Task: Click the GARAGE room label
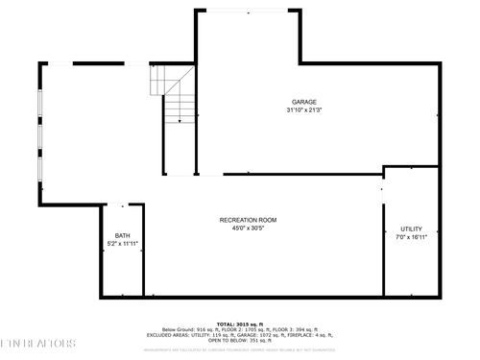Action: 304,102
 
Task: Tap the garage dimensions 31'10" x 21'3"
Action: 304,110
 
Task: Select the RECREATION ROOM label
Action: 249,220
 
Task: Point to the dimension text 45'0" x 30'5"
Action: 249,228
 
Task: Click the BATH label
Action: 123,235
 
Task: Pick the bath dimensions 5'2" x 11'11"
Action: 123,244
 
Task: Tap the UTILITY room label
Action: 411,228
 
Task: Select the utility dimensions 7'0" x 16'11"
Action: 411,237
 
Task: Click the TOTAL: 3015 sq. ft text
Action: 239,324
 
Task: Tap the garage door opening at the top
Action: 248,11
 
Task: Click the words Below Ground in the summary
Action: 181,329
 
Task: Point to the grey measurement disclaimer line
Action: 240,348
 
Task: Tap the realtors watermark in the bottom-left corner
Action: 38,343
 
